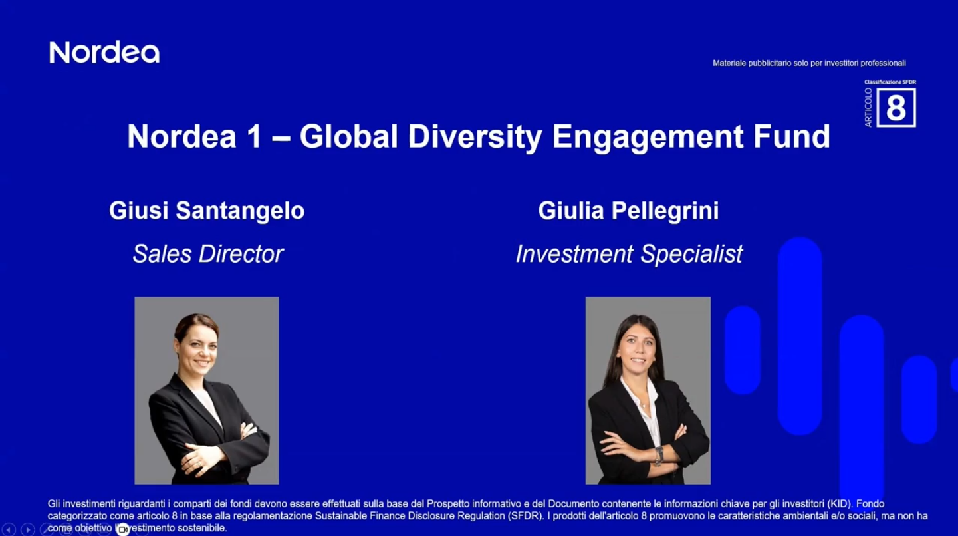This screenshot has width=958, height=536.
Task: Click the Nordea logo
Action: coord(104,53)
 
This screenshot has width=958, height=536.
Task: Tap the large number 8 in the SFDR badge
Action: coord(896,108)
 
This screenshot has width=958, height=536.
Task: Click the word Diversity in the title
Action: coord(475,136)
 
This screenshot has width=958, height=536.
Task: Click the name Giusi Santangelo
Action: coord(207,211)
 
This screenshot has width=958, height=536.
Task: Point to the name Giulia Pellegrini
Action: coord(628,211)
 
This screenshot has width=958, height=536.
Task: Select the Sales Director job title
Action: coord(208,253)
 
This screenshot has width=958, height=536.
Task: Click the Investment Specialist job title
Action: coord(629,253)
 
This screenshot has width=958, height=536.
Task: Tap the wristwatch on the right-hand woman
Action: coord(659,455)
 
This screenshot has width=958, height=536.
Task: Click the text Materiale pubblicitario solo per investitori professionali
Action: coord(809,63)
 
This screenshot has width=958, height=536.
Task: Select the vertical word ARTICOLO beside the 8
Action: coord(868,107)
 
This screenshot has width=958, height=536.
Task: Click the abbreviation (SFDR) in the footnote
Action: coord(524,516)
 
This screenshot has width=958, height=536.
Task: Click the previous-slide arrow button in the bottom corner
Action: coord(9,529)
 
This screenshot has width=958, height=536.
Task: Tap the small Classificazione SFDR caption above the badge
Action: coord(890,82)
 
